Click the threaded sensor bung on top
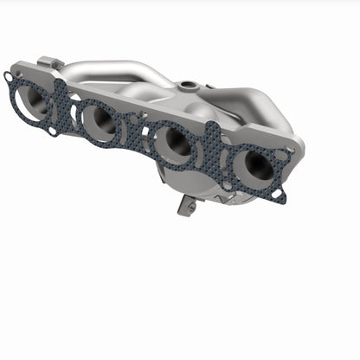click(186, 87)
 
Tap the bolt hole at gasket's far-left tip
click(9, 77)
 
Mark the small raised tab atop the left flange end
click(48, 63)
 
